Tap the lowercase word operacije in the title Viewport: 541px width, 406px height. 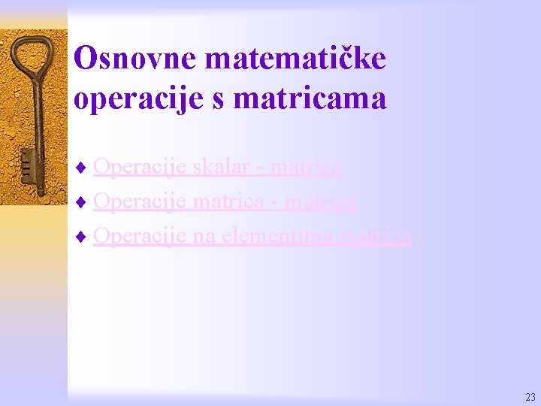[x=135, y=98]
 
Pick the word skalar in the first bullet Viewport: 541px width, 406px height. [x=222, y=167]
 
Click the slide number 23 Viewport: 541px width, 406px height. [x=530, y=397]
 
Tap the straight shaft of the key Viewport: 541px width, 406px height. [x=36, y=128]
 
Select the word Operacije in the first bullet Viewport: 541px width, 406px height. [x=140, y=167]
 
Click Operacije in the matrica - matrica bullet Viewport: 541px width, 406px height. [x=140, y=201]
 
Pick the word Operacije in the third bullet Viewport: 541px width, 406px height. [x=140, y=236]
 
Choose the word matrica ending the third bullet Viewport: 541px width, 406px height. [x=376, y=236]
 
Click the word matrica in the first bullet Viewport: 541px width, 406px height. [x=306, y=167]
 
